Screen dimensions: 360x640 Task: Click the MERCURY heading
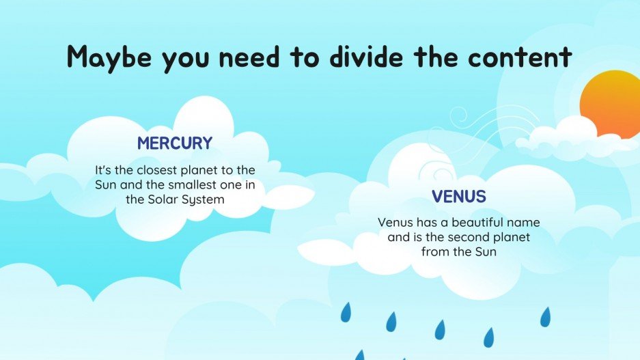[175, 143]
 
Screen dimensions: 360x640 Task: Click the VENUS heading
[459, 197]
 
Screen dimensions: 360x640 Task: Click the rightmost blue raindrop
[545, 316]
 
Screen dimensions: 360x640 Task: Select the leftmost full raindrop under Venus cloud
[346, 313]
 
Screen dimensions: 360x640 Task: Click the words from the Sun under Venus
[458, 251]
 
